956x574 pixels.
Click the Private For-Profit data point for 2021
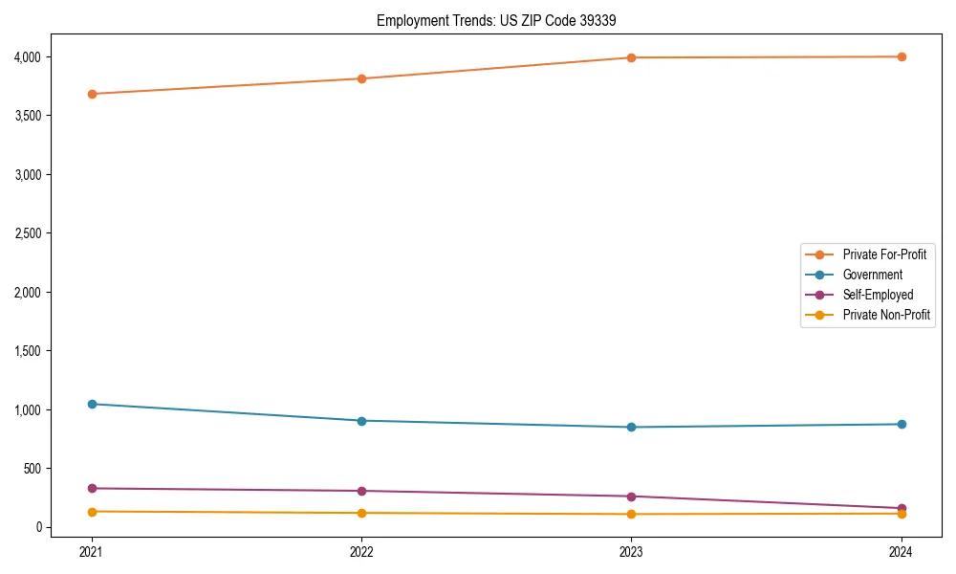tap(92, 94)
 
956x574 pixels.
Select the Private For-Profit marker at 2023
tap(631, 57)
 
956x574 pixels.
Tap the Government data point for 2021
tap(92, 404)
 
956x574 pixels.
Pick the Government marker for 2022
tap(361, 421)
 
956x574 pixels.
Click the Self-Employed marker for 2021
tap(92, 488)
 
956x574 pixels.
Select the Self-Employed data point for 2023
tap(631, 497)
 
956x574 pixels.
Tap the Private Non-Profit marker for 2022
tap(361, 513)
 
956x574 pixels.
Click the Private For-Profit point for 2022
tap(361, 78)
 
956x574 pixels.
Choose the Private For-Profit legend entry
tap(883, 254)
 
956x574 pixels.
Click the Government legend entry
tap(872, 275)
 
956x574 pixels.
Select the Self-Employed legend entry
tap(878, 295)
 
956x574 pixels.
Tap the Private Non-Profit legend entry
tap(886, 315)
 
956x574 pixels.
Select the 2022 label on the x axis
tap(361, 551)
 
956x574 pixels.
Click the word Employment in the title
tap(410, 20)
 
